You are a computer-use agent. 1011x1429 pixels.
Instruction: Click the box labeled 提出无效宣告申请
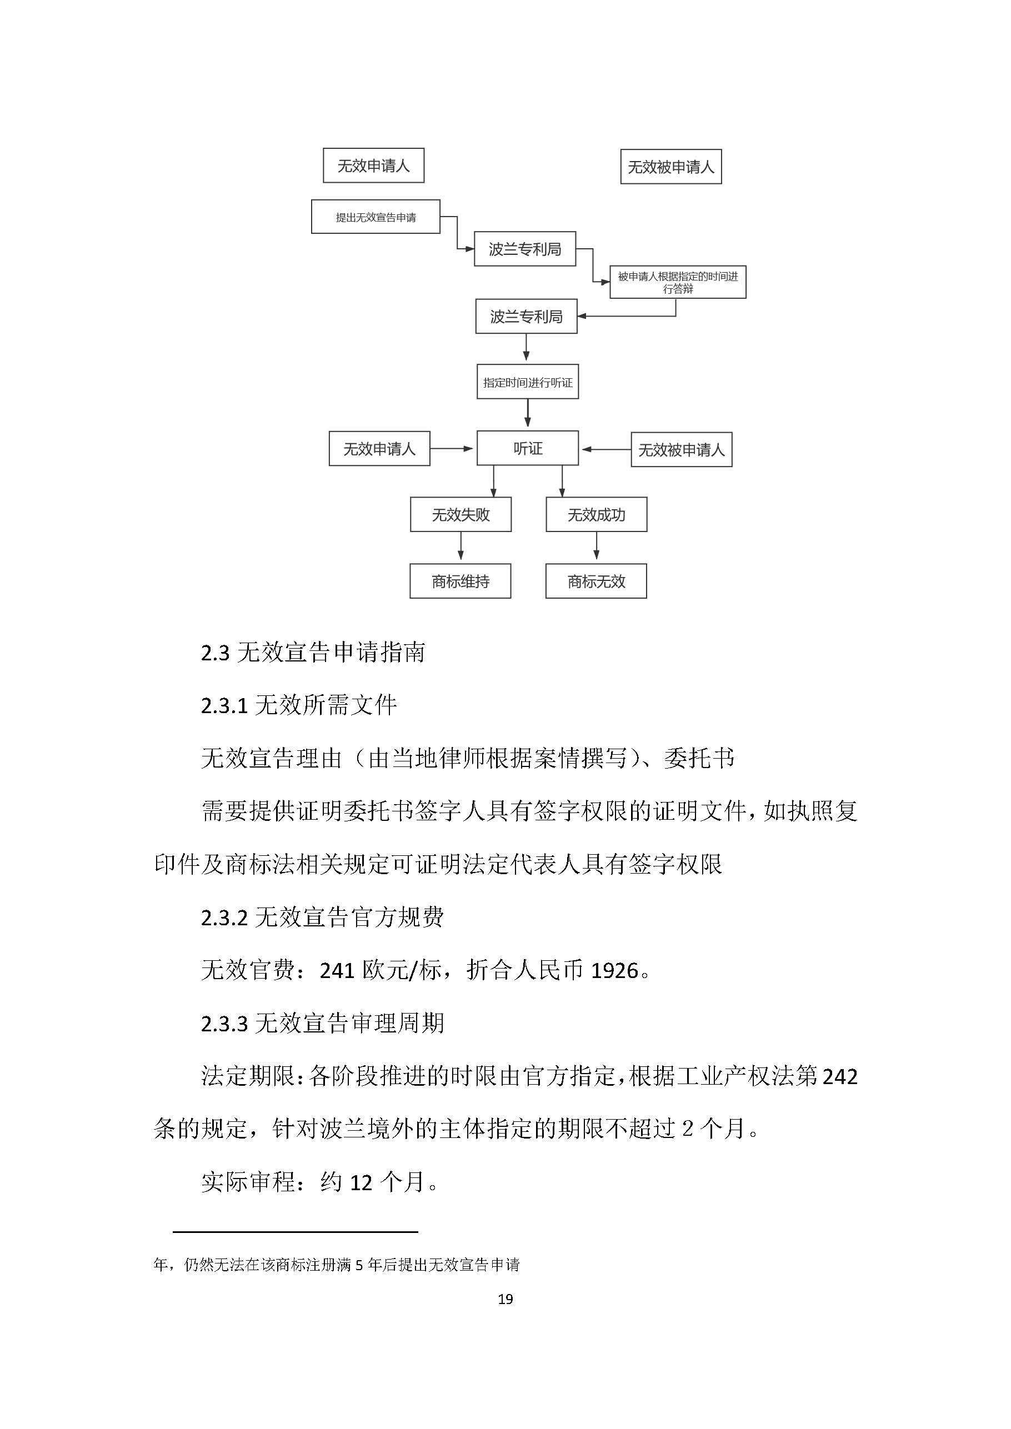click(x=376, y=217)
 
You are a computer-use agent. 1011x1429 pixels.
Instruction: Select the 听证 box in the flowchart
click(x=527, y=448)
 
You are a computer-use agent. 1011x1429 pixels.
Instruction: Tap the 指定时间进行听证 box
click(x=527, y=382)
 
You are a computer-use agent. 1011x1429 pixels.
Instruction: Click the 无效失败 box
click(x=461, y=515)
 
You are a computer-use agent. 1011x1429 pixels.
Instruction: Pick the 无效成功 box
click(x=595, y=515)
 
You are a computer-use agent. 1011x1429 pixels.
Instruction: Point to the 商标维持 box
click(x=460, y=581)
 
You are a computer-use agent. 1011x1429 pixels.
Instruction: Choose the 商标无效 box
click(x=595, y=581)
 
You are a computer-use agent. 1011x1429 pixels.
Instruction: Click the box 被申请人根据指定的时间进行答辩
click(x=677, y=283)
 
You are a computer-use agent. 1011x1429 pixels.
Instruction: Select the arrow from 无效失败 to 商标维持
click(x=461, y=546)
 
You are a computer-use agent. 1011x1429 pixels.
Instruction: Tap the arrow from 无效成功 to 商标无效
click(x=597, y=546)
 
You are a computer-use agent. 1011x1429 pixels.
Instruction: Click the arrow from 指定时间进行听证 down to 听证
click(x=527, y=413)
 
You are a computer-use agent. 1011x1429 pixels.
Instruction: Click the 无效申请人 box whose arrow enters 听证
click(x=379, y=449)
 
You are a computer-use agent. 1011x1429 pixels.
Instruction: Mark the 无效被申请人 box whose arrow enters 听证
click(x=681, y=449)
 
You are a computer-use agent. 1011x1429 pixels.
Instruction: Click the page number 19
click(x=505, y=1299)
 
